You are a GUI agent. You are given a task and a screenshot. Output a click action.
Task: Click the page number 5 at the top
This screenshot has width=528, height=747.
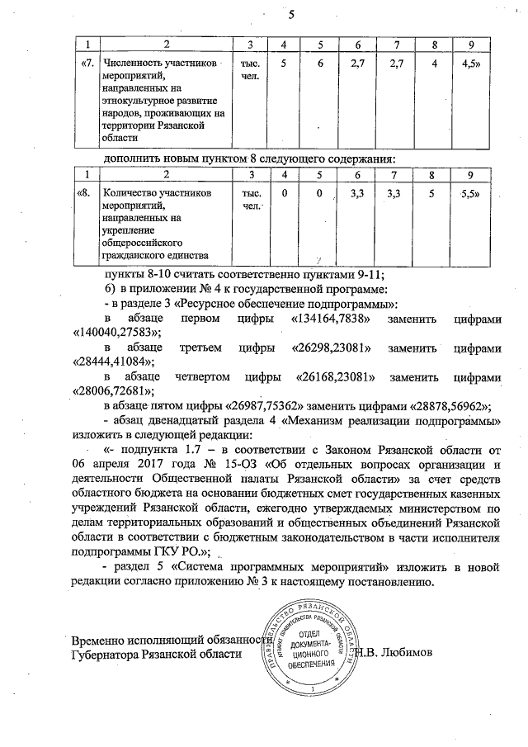(x=290, y=14)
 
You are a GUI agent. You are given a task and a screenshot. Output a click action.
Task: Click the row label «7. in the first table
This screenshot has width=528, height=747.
(x=86, y=63)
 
